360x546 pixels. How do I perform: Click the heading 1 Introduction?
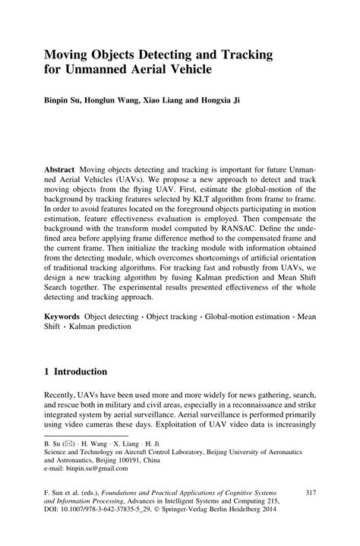[x=80, y=372]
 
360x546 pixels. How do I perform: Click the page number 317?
[x=309, y=494]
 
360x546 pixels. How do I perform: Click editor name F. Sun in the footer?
[x=56, y=494]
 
